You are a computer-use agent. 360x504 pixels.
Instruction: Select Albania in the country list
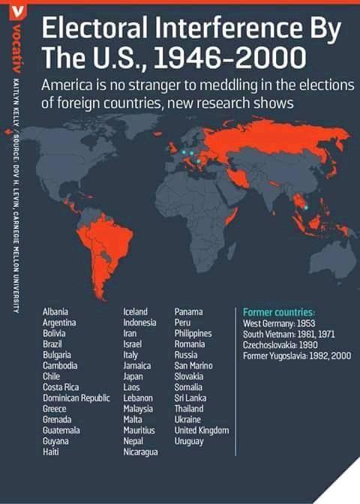56,310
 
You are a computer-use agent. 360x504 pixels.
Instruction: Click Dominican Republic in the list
76,397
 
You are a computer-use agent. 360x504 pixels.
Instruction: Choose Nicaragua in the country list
140,452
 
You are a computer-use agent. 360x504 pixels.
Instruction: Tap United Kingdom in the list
201,430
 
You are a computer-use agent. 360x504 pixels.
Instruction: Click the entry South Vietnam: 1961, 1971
289,333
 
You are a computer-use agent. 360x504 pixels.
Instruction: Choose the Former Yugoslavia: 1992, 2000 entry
296,355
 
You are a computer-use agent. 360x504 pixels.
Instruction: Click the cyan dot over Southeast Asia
305,207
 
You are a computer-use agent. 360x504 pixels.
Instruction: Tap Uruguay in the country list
188,442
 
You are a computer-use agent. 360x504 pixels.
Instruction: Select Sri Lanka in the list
190,397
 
